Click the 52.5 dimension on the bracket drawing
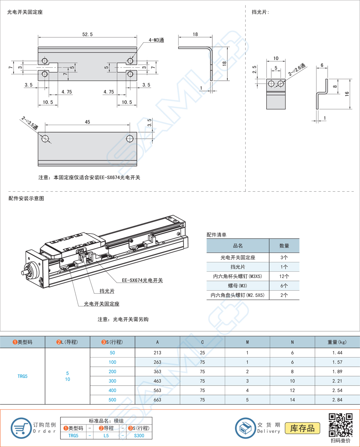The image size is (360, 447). [87, 34]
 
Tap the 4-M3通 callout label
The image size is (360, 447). [156, 40]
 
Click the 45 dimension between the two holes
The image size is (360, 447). [87, 122]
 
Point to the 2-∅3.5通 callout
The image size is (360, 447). [30, 123]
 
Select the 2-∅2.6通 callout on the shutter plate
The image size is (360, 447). [297, 70]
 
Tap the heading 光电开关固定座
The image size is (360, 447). [25, 12]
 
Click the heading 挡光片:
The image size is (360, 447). [260, 12]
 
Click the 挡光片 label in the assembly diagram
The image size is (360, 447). [107, 291]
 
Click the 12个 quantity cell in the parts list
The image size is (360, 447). [284, 276]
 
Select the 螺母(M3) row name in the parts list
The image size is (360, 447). [238, 285]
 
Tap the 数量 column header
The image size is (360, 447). [284, 246]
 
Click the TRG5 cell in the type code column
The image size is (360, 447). [23, 376]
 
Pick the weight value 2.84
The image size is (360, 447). [337, 399]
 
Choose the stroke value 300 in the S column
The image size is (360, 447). [112, 381]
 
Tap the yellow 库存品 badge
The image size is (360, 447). [302, 428]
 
